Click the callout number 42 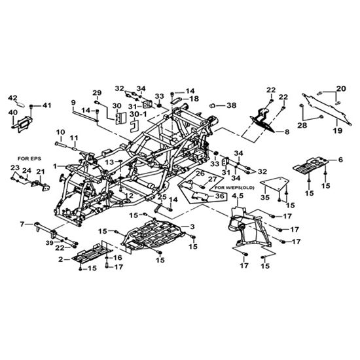pyautogui.click(x=12, y=98)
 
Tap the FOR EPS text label pyautogui.click(x=29, y=158)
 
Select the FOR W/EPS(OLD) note pyautogui.click(x=234, y=188)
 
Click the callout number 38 pyautogui.click(x=232, y=105)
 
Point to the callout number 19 pyautogui.click(x=338, y=131)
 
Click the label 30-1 pyautogui.click(x=138, y=114)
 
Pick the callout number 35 pyautogui.click(x=265, y=197)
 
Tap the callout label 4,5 pyautogui.click(x=238, y=196)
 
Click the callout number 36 pyautogui.click(x=219, y=196)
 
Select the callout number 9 pyautogui.click(x=73, y=102)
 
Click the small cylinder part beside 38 pyautogui.click(x=213, y=105)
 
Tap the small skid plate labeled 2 pyautogui.click(x=92, y=253)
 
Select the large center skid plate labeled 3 pyautogui.click(x=153, y=234)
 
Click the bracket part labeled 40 pyautogui.click(x=22, y=124)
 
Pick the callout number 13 pyautogui.click(x=109, y=162)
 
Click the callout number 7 pyautogui.click(x=22, y=224)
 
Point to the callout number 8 pyautogui.click(x=287, y=132)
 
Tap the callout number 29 pyautogui.click(x=97, y=93)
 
